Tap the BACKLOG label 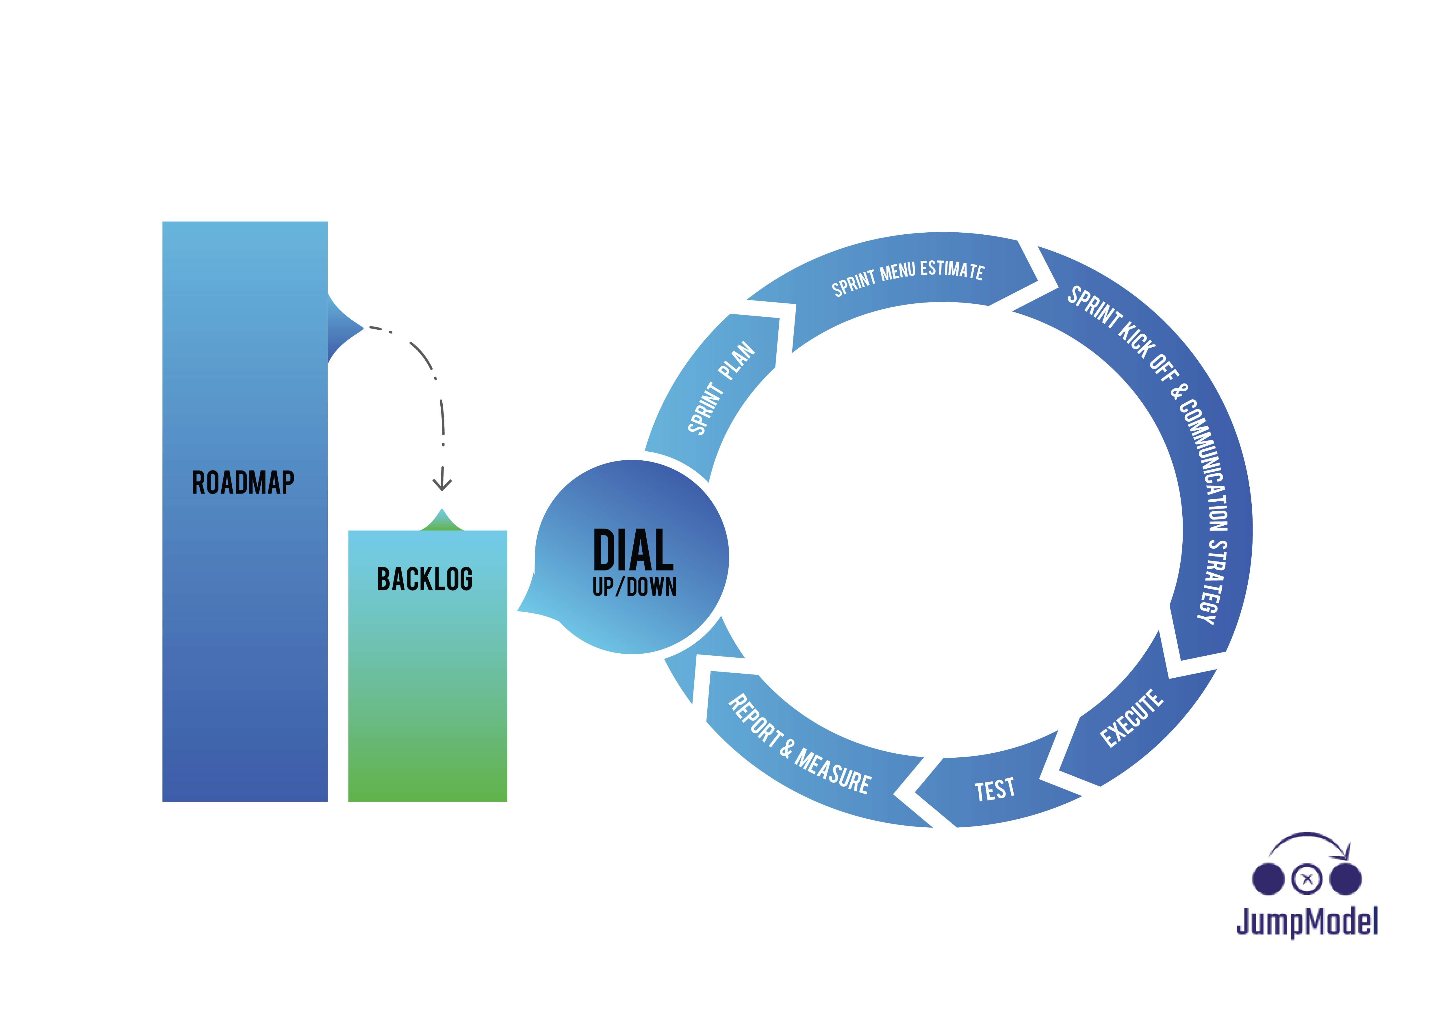click(425, 579)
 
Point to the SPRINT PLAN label click(721, 387)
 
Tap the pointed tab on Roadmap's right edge click(345, 328)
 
